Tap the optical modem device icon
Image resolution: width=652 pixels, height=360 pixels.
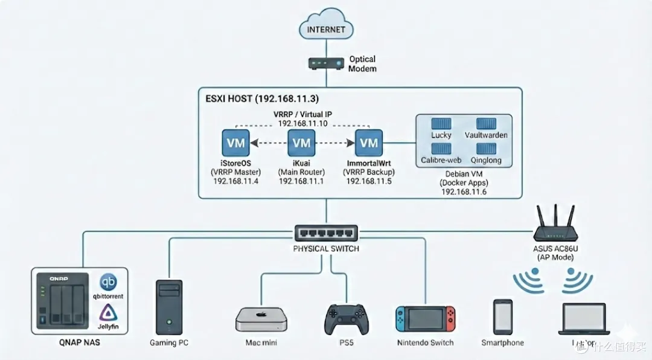tap(325, 63)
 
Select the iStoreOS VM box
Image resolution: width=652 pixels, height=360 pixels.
tap(235, 143)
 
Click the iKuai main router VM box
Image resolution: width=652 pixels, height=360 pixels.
tap(301, 143)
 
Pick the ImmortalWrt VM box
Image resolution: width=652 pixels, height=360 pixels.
tap(368, 143)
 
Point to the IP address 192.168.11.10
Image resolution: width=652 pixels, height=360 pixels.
tap(302, 123)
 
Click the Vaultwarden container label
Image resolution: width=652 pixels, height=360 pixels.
tap(487, 135)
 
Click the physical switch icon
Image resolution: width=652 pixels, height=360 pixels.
tap(326, 233)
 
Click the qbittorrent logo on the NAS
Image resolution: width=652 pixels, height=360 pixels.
tap(109, 283)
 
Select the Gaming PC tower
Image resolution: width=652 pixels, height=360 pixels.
tap(168, 306)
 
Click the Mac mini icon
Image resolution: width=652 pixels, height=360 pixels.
tap(261, 318)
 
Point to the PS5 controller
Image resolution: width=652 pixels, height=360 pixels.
tap(345, 319)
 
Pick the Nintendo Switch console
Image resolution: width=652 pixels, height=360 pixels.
tap(425, 318)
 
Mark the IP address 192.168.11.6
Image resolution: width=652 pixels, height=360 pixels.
tap(464, 191)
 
